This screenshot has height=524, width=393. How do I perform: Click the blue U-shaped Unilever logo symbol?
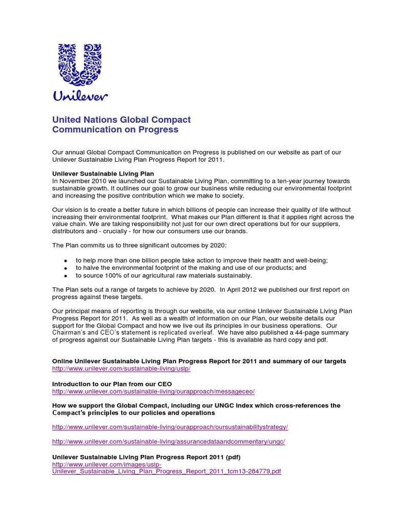pyautogui.click(x=80, y=64)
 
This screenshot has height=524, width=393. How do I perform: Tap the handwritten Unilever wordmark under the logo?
pyautogui.click(x=80, y=96)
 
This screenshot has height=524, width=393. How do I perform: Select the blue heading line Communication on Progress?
pyautogui.click(x=115, y=130)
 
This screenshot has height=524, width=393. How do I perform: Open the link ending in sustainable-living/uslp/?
pyautogui.click(x=121, y=369)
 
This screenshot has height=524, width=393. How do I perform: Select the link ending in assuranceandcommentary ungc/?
pyautogui.click(x=168, y=441)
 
